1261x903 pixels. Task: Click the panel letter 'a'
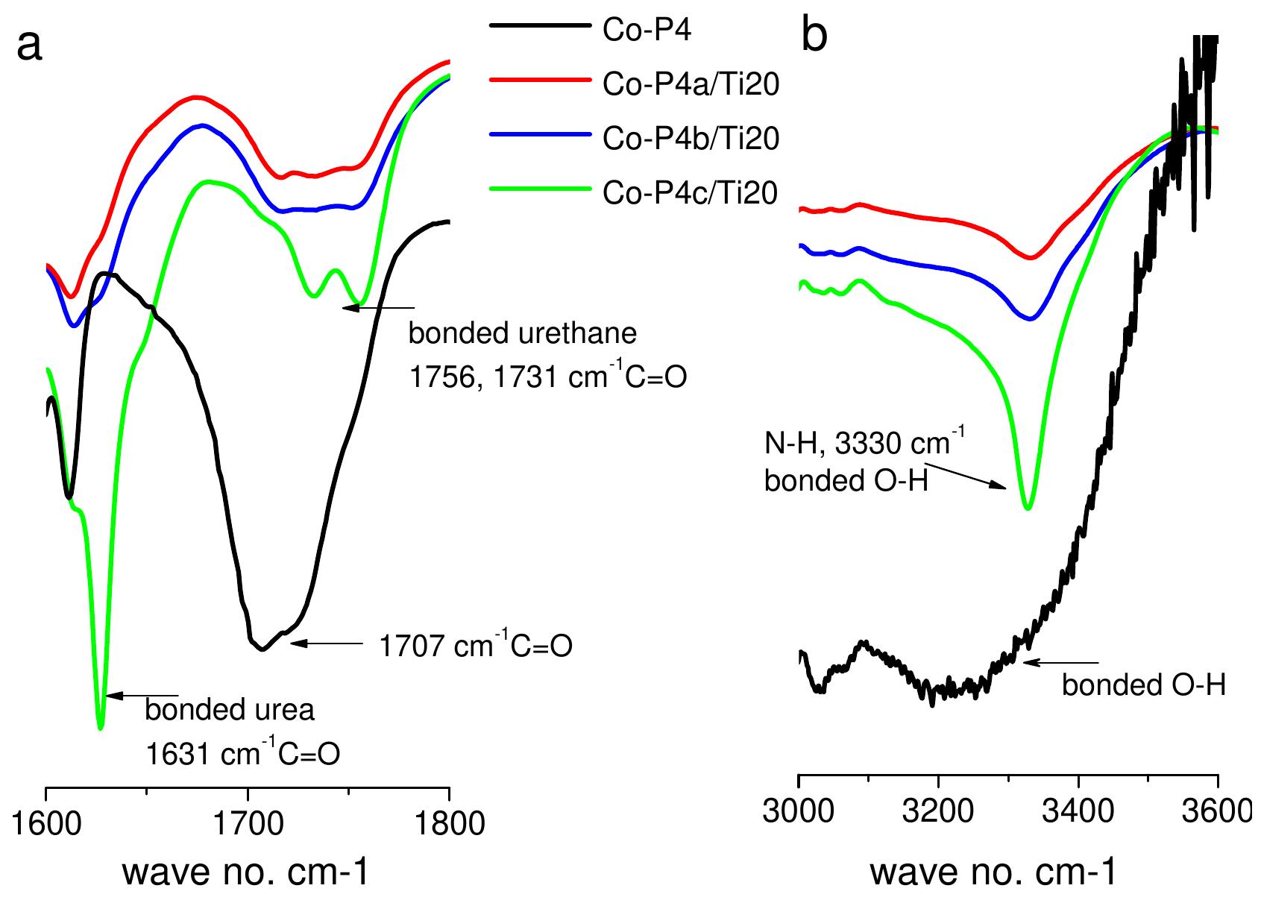point(30,47)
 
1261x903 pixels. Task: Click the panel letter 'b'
point(814,35)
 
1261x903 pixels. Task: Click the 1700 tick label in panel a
point(248,824)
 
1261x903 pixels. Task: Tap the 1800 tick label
point(449,824)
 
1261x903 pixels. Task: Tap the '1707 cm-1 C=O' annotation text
point(476,645)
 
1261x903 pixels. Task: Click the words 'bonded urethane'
point(522,333)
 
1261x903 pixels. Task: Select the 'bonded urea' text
point(230,710)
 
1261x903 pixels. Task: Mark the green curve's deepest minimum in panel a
point(101,728)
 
